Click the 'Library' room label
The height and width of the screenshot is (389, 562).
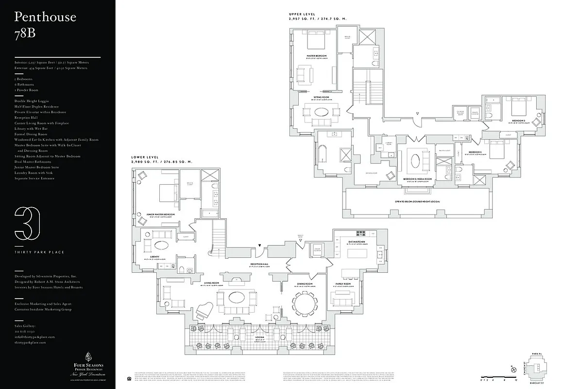coord(148,258)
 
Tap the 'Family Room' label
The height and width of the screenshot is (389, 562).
coord(343,283)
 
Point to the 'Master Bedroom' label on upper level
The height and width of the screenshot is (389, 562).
coord(316,56)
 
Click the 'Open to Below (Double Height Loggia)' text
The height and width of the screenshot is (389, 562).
coord(420,201)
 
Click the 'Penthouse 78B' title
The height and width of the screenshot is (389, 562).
coord(45,24)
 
